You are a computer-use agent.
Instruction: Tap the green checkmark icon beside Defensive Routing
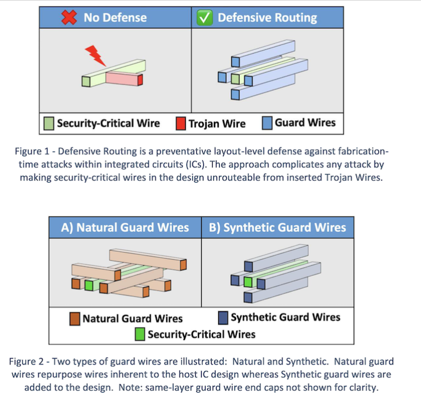[204, 18]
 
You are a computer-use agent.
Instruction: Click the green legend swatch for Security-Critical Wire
[49, 123]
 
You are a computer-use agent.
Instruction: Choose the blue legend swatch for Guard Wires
[268, 123]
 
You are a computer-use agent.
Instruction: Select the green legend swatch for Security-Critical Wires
[140, 333]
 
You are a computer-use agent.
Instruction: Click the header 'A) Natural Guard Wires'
[125, 228]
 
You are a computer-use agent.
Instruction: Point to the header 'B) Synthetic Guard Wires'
[277, 228]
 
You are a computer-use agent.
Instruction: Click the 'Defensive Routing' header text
[267, 18]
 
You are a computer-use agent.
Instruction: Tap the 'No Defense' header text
[115, 18]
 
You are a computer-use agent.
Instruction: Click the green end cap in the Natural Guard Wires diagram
[89, 285]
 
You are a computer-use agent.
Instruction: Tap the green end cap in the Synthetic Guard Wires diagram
[248, 282]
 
